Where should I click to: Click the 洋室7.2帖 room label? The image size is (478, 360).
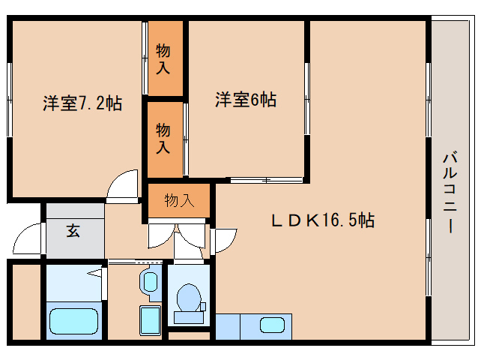(82, 103)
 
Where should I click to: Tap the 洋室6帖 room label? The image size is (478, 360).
(246, 99)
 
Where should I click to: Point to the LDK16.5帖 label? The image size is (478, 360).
(322, 220)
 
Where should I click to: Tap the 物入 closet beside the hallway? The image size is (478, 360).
(179, 200)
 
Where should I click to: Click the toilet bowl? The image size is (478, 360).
(188, 298)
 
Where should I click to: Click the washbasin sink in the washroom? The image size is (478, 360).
(149, 283)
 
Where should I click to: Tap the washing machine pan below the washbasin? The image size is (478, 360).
(151, 322)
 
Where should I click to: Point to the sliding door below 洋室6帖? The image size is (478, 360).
(266, 180)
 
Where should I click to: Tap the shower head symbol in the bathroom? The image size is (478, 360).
(96, 272)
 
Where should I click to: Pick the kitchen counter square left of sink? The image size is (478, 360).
(228, 327)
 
